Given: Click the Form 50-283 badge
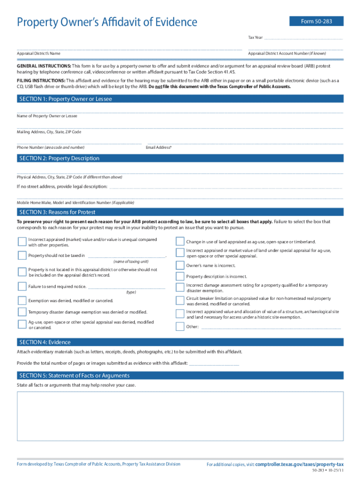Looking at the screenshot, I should [316, 21].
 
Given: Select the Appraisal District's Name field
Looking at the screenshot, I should [129, 48].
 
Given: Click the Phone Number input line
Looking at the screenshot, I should [79, 143].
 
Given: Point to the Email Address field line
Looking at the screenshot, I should [245, 143].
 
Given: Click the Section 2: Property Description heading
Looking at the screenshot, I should [58, 159].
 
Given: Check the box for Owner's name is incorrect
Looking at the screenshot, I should [180, 265].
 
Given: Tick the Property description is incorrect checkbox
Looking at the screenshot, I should [180, 276].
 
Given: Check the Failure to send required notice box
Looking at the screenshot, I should [22, 286].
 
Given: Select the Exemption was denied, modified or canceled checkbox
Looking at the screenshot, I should [22, 300].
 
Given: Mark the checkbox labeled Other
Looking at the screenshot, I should [180, 327].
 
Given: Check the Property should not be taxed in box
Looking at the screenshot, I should [22, 256].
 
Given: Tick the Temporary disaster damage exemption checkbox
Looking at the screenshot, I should [22, 312].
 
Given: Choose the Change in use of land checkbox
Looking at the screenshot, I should [180, 241].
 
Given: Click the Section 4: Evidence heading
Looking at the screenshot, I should [44, 342].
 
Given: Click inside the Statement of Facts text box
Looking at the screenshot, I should [181, 422].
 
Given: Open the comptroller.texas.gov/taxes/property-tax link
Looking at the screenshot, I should [299, 464].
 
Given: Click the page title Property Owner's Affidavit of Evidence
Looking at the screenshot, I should [107, 22].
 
